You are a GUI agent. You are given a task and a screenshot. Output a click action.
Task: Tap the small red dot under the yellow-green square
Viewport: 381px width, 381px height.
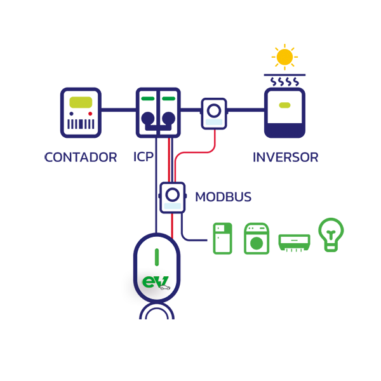pyautogui.click(x=90, y=113)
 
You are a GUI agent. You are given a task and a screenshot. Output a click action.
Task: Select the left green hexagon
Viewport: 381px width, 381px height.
pyautogui.click(x=148, y=99)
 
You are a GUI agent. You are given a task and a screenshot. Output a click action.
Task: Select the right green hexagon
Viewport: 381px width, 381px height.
pyautogui.click(x=168, y=99)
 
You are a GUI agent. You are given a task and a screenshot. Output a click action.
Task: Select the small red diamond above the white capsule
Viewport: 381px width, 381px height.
pyautogui.click(x=170, y=225)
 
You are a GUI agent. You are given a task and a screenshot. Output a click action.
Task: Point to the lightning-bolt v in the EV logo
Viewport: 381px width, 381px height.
pyautogui.click(x=161, y=282)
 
